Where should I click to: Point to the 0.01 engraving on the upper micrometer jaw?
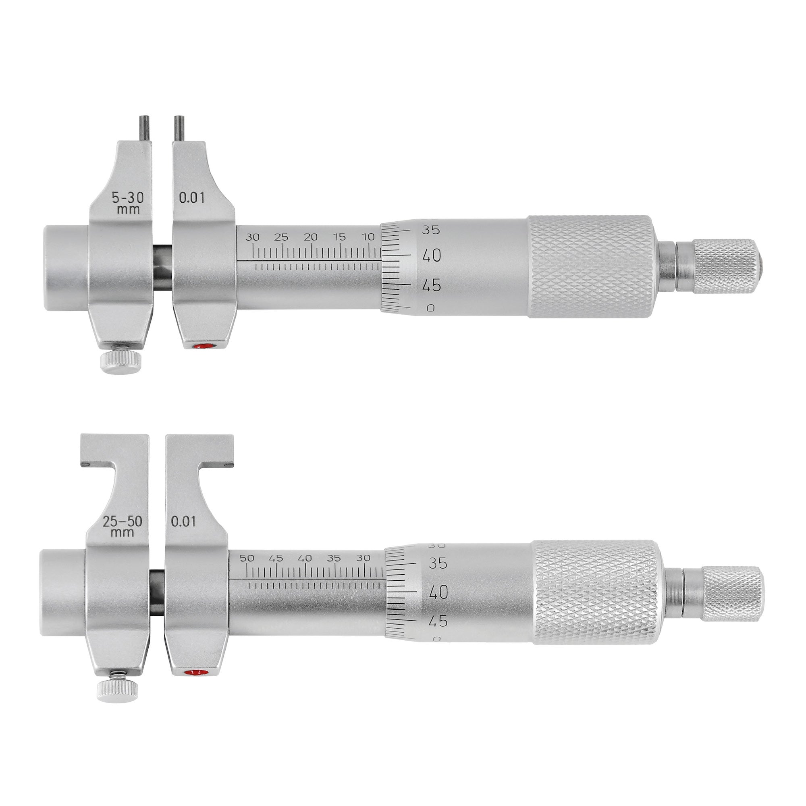[192, 197]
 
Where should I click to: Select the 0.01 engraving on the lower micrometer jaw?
[183, 521]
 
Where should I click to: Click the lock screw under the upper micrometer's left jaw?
[121, 358]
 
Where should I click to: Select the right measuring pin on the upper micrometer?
[179, 128]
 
